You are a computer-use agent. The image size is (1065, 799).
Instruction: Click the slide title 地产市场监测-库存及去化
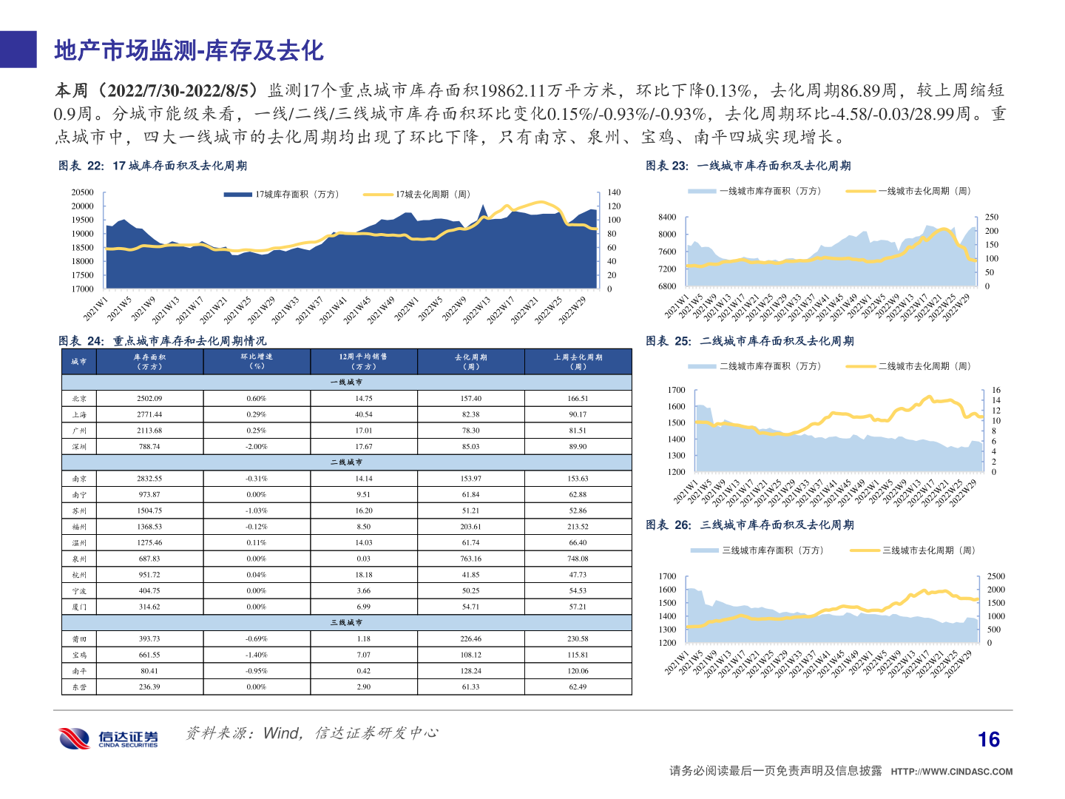click(189, 50)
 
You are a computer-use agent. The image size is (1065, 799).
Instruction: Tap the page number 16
click(988, 740)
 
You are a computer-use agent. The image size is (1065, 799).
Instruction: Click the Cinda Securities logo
click(108, 738)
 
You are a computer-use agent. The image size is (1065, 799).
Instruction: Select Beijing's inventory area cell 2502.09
click(149, 399)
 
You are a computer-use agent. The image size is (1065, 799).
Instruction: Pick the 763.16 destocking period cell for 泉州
click(470, 559)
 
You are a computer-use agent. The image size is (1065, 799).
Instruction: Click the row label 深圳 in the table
click(79, 447)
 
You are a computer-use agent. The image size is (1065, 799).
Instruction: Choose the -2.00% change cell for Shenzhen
click(256, 447)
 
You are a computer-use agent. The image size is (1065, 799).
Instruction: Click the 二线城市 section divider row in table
click(346, 462)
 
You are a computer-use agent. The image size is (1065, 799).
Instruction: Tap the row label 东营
click(79, 687)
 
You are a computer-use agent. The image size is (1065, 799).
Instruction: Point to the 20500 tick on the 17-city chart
click(83, 192)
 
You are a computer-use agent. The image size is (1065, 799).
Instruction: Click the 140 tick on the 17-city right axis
click(614, 192)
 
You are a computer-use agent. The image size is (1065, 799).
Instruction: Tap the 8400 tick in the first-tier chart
click(667, 218)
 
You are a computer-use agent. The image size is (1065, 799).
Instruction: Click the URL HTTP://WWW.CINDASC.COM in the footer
click(951, 772)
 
